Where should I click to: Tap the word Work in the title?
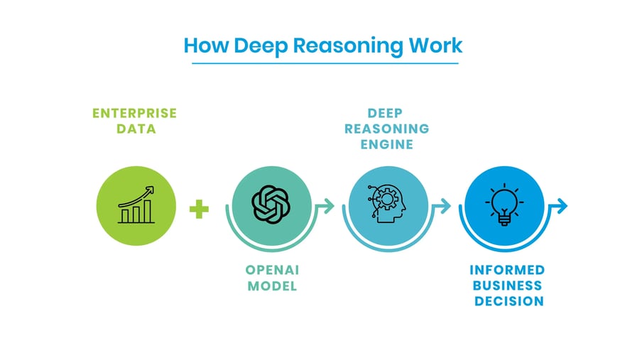click(x=434, y=45)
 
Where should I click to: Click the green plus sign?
click(x=200, y=209)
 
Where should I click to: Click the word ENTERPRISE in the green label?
click(x=134, y=114)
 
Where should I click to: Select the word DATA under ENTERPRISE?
click(x=134, y=129)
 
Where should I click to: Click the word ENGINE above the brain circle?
click(x=388, y=144)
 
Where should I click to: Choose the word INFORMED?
click(x=507, y=271)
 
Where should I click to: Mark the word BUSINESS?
click(x=507, y=286)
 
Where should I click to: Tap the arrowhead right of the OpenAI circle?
click(x=327, y=206)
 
